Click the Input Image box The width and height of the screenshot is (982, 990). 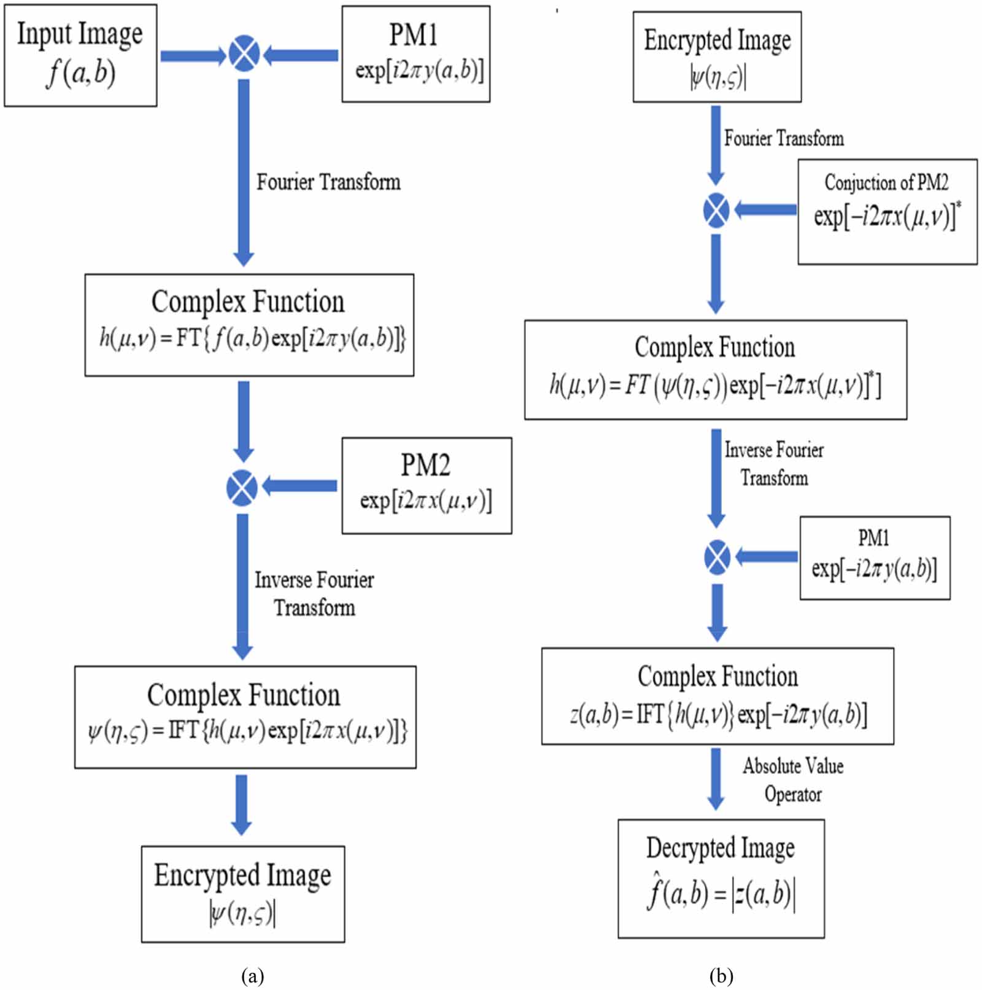click(80, 55)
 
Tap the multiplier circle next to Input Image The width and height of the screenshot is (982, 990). click(244, 55)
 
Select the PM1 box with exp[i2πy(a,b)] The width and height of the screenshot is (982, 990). click(416, 54)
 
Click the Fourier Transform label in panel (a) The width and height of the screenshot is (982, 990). click(328, 182)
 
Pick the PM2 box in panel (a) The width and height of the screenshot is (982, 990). click(427, 485)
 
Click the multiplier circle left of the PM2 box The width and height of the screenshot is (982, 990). click(242, 488)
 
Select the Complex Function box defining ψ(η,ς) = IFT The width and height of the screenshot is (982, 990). click(245, 717)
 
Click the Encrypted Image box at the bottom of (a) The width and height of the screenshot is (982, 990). click(242, 894)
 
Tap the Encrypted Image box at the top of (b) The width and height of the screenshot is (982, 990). click(717, 57)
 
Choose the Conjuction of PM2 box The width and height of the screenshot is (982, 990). click(887, 211)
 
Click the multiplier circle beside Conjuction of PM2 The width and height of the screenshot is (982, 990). click(716, 210)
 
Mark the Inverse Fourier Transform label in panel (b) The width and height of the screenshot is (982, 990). click(773, 464)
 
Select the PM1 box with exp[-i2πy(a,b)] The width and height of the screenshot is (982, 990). click(875, 558)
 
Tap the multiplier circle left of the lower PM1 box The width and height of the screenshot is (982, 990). click(717, 557)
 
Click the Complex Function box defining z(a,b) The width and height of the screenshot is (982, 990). click(717, 696)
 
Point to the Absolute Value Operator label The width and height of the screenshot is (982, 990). click(792, 780)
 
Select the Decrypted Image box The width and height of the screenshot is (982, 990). click(721, 878)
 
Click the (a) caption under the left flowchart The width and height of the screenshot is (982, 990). click(252, 975)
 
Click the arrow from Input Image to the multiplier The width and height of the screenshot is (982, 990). click(192, 56)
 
